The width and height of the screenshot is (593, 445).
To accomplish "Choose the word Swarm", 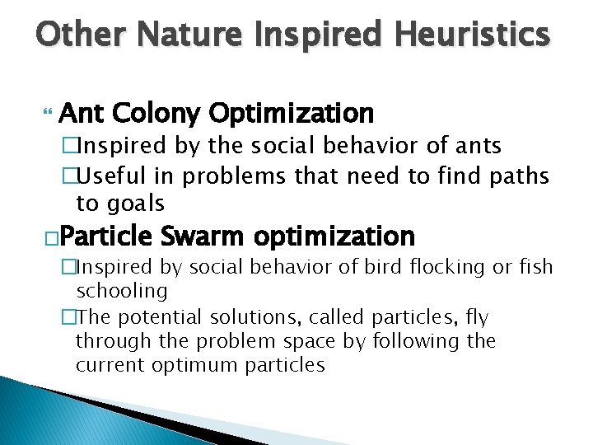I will point(202,237).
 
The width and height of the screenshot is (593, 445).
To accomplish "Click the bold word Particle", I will point(106,237).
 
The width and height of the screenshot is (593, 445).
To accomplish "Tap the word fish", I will point(535,268).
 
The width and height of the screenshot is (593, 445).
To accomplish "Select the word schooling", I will point(121,291).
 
